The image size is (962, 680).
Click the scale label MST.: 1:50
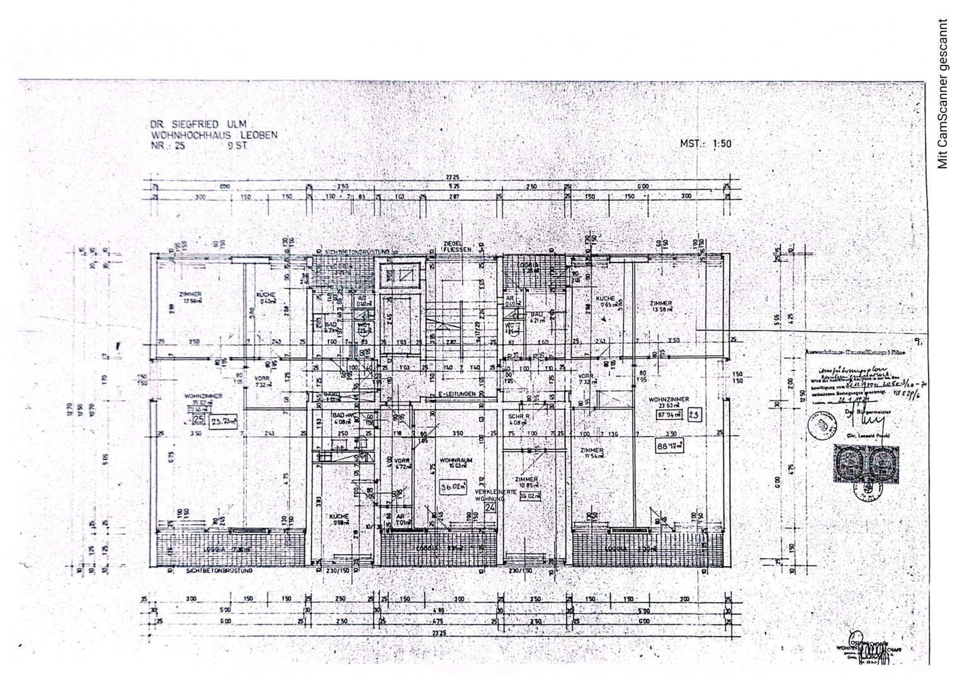pyautogui.click(x=706, y=144)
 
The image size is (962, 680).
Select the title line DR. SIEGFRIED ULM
pyautogui.click(x=197, y=124)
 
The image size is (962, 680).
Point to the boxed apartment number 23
pyautogui.click(x=694, y=415)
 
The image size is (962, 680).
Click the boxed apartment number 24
pyautogui.click(x=491, y=506)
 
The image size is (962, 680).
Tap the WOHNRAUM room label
pyautogui.click(x=455, y=459)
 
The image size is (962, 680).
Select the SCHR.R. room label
pyautogui.click(x=519, y=417)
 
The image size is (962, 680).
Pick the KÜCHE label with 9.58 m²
pyautogui.click(x=340, y=518)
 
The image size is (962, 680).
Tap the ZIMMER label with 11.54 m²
pyautogui.click(x=593, y=453)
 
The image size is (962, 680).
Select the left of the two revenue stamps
pyautogui.click(x=847, y=463)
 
